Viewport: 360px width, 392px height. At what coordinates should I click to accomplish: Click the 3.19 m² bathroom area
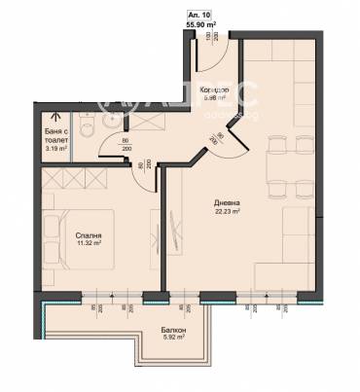56,149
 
